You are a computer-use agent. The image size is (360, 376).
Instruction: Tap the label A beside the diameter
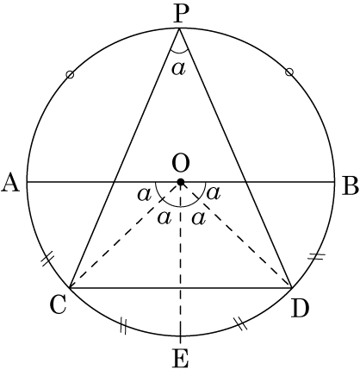click(10, 183)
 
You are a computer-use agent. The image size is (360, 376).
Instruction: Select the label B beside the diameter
click(351, 186)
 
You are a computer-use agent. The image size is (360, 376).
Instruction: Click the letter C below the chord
click(59, 305)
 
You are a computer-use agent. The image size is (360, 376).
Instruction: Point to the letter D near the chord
click(300, 308)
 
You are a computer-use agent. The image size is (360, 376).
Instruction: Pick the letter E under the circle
click(180, 358)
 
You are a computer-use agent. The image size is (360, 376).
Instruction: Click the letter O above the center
click(181, 164)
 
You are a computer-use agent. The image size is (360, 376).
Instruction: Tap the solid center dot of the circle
click(180, 182)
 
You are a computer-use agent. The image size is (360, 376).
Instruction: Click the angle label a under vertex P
click(178, 69)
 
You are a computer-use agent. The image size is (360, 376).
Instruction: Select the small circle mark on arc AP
click(70, 75)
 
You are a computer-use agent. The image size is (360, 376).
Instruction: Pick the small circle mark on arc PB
click(289, 72)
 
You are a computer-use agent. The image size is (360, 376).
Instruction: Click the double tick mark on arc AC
click(47, 259)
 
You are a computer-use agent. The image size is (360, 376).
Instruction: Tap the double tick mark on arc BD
click(316, 256)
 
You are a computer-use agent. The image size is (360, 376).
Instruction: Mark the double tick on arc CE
click(123, 326)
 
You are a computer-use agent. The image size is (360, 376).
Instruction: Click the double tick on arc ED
click(240, 323)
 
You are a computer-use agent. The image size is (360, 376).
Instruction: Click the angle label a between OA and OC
click(144, 195)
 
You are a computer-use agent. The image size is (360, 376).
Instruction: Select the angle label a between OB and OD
click(214, 193)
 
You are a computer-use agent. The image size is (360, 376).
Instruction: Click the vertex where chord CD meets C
click(70, 287)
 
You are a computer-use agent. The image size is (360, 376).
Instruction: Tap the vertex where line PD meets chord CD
click(292, 287)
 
